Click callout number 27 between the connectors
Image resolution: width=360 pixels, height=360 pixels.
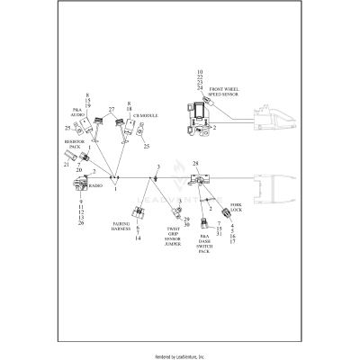(112, 111)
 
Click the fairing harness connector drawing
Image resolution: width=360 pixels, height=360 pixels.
(138, 213)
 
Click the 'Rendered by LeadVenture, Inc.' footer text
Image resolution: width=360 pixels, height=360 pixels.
(180, 355)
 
